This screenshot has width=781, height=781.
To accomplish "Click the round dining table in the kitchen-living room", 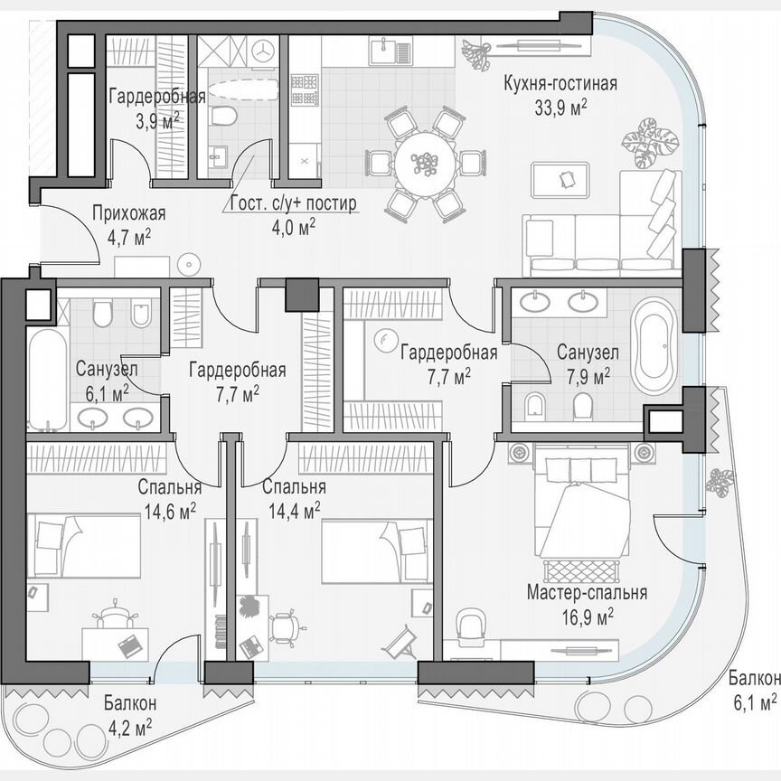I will coord(424,164).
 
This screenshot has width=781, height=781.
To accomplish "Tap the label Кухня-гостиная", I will coord(560,85).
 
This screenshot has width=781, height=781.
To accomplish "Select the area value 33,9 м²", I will coord(560,106).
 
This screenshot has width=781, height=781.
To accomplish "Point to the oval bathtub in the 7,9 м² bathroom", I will coord(653,347).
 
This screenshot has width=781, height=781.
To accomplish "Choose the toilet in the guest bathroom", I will coord(222,116).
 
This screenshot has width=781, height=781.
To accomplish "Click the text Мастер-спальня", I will coord(588,593).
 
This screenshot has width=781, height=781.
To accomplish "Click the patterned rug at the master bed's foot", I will coord(581,571).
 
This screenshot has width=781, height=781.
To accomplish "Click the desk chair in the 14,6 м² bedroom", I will coord(116,616).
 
